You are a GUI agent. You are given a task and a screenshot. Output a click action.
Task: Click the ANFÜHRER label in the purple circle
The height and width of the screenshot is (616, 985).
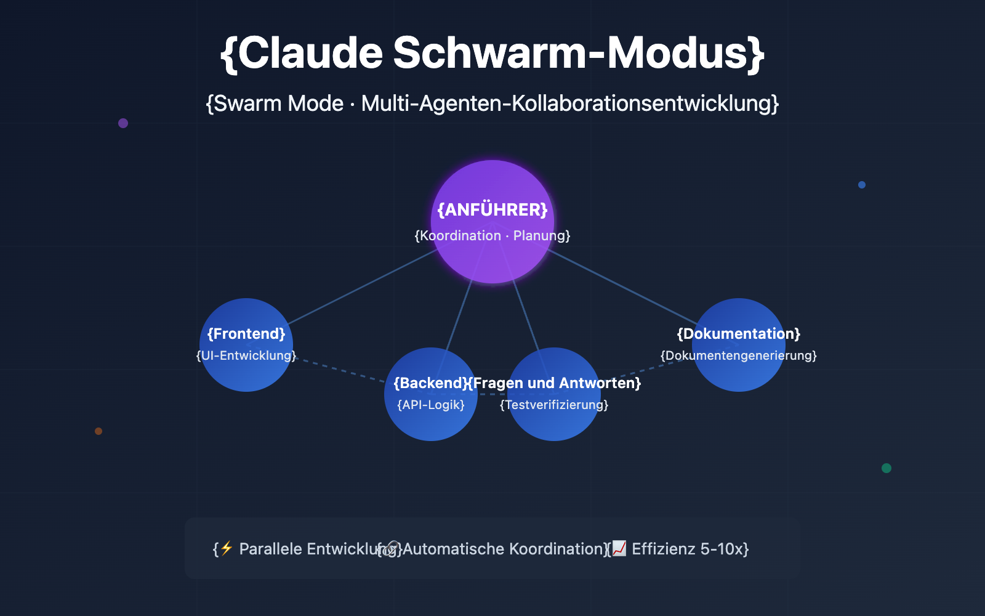(492, 210)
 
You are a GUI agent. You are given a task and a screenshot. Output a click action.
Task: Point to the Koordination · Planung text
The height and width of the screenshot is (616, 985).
(492, 236)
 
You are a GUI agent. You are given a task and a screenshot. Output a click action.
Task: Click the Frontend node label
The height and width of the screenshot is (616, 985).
(246, 334)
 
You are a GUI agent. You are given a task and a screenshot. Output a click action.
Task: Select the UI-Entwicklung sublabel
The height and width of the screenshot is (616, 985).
(246, 355)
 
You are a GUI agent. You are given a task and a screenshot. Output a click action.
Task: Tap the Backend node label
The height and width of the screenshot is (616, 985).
(429, 383)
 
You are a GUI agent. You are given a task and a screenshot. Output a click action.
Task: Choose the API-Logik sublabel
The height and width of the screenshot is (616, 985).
(431, 405)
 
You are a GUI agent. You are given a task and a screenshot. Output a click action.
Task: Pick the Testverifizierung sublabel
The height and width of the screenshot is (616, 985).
(554, 405)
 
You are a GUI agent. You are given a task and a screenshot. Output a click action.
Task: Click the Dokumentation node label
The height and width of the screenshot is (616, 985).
(739, 334)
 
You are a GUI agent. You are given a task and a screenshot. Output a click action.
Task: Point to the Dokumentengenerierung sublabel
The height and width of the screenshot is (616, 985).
(739, 355)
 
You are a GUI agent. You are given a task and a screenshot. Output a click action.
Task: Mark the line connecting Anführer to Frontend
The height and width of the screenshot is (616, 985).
(363, 286)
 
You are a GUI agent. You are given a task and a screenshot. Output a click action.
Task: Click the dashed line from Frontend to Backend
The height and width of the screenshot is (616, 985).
(342, 370)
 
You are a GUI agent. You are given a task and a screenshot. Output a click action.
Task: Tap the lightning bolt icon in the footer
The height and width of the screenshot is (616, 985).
(227, 548)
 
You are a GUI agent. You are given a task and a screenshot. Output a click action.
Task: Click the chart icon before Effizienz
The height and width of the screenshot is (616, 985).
(619, 548)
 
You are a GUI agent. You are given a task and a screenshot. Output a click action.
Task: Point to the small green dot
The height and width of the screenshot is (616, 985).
(886, 468)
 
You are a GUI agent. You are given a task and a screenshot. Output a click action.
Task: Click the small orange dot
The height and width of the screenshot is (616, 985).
(98, 431)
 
